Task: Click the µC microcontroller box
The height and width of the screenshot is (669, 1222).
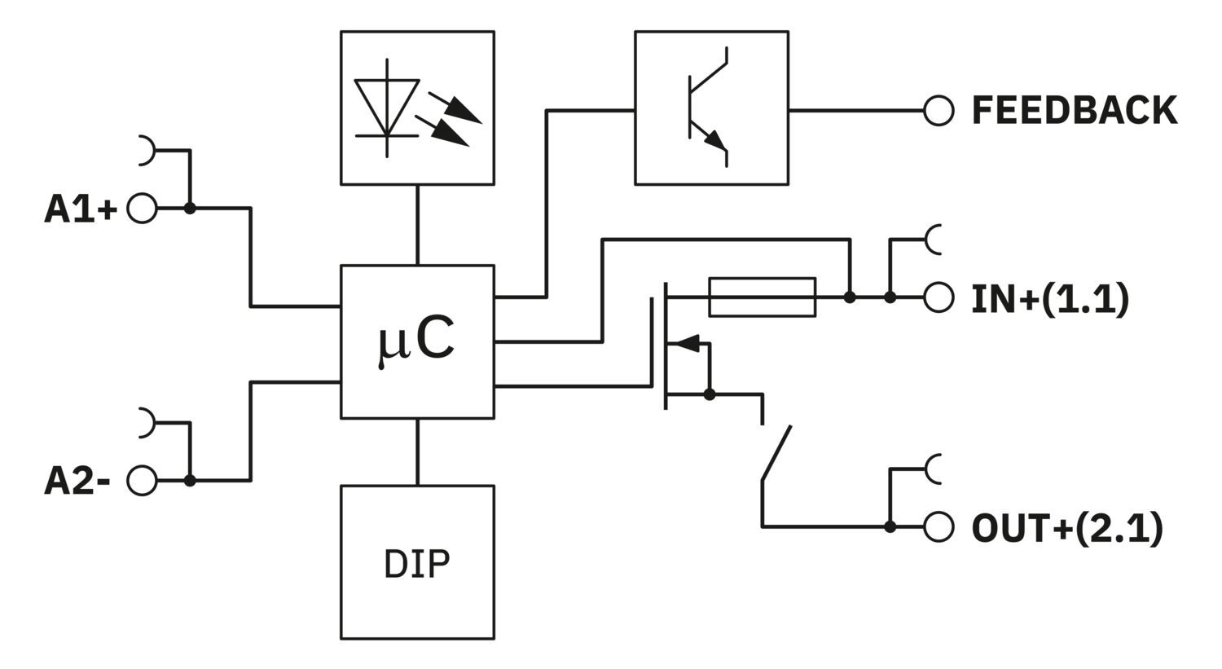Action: click(417, 341)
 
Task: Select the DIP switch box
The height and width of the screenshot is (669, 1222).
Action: click(417, 562)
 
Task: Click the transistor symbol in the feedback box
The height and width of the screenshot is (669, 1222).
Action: click(706, 108)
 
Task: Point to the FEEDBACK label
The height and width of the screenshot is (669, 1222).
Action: click(1075, 110)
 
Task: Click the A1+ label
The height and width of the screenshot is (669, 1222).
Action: click(81, 209)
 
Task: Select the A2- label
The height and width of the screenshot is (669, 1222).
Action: click(77, 482)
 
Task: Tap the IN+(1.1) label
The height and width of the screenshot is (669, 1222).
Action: click(1050, 299)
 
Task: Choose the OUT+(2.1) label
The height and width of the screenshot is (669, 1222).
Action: click(1066, 528)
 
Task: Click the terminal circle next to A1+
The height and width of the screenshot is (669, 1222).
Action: click(143, 209)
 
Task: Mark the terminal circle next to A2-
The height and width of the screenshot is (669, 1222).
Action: click(143, 481)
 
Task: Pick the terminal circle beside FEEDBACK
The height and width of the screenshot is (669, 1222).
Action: click(938, 110)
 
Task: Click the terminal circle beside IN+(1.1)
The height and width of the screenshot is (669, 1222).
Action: click(938, 298)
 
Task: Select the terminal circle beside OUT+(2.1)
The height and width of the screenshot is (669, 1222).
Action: click(938, 527)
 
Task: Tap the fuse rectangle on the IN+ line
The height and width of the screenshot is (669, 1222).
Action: click(763, 297)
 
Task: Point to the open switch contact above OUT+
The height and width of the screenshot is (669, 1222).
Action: click(776, 452)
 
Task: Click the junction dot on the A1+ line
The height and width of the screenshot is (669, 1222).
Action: click(190, 209)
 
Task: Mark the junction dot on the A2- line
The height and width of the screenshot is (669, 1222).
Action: click(190, 481)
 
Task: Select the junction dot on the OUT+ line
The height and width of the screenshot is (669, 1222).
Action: click(890, 527)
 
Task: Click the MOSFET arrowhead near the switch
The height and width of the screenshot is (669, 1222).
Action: click(688, 343)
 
